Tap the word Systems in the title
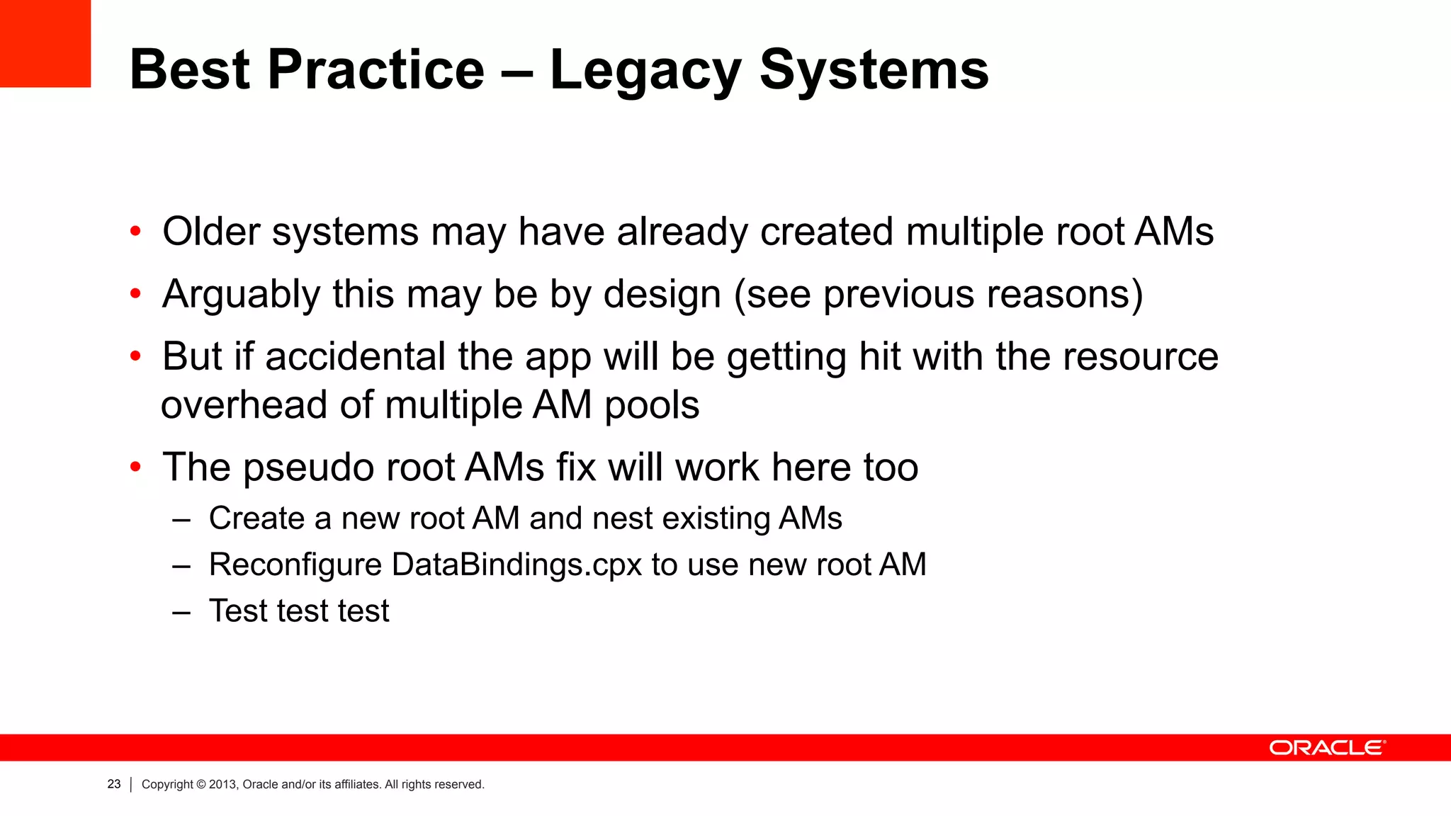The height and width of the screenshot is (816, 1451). (874, 71)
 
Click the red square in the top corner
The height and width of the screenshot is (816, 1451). (45, 42)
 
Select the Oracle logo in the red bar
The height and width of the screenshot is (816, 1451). (1326, 748)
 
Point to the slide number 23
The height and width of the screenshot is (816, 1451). (114, 784)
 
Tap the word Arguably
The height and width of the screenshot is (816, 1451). (241, 294)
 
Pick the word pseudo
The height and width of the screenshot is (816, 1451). (308, 467)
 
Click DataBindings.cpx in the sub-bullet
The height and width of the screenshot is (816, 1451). (516, 565)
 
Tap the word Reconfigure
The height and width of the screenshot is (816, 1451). (295, 565)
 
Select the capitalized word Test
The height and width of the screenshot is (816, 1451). (238, 611)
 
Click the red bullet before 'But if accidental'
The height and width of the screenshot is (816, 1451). (135, 356)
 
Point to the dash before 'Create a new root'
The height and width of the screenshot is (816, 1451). (181, 520)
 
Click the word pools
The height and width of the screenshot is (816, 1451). (651, 405)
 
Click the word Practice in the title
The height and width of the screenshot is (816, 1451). (376, 71)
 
